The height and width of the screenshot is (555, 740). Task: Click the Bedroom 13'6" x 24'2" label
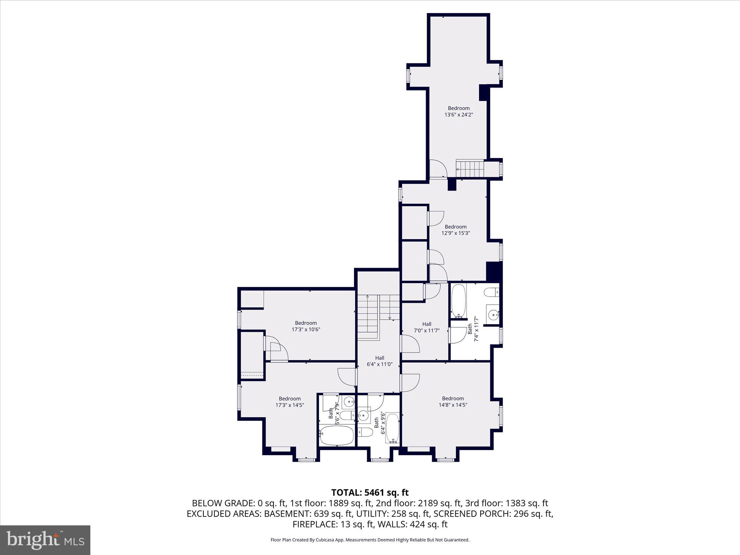point(459,111)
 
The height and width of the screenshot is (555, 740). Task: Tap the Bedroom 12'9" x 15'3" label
point(455,230)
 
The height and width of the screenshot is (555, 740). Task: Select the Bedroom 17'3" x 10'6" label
point(306,326)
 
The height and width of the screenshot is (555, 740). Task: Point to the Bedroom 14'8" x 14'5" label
point(453,401)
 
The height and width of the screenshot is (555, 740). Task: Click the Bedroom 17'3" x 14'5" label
point(289,402)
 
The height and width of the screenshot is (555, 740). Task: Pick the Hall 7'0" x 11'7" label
point(426,327)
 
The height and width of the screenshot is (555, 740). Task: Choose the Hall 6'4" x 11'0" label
point(379,361)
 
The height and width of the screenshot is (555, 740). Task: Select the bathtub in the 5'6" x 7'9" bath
point(337,435)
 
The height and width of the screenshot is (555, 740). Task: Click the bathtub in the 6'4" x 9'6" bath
point(392,429)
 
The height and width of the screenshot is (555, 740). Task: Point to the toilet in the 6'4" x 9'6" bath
point(365,432)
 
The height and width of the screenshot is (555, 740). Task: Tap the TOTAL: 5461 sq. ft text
point(370,492)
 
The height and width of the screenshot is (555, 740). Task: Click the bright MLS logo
point(45,540)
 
